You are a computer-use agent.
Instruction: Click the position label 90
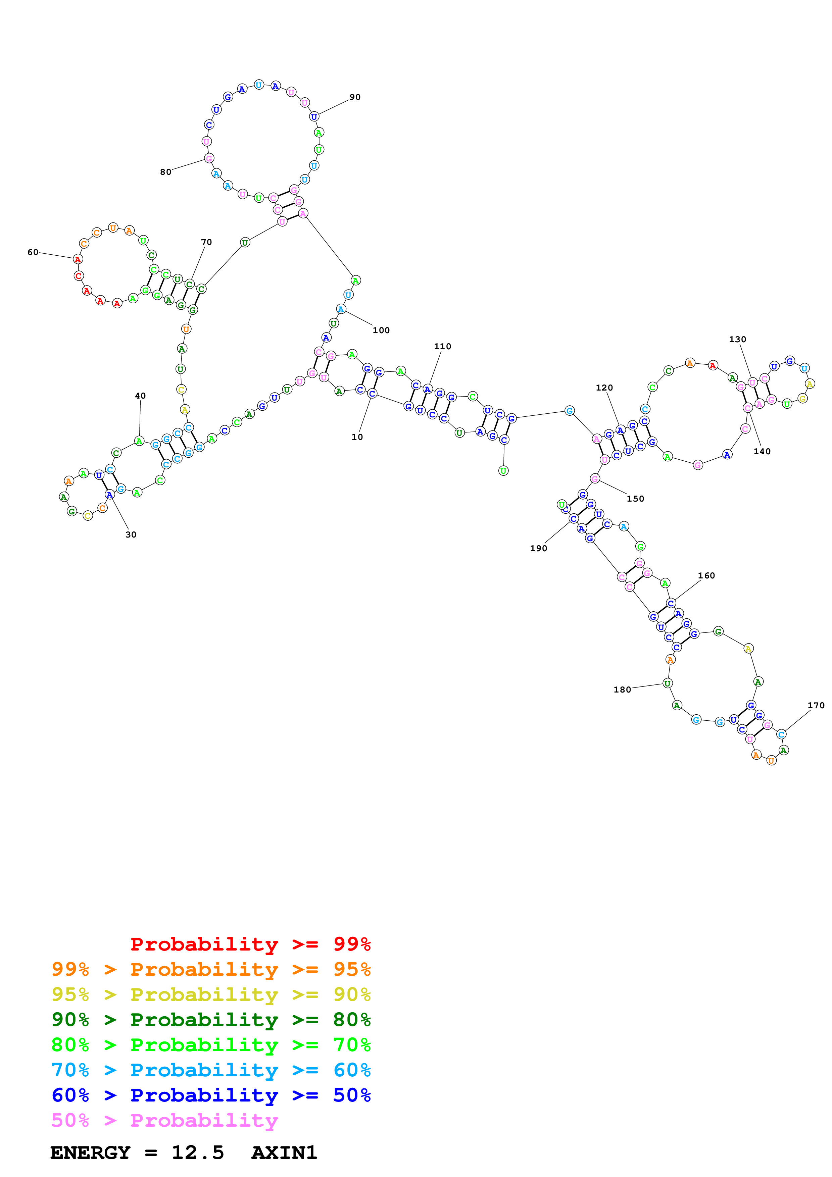pos(355,97)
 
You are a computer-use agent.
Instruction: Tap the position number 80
pos(165,172)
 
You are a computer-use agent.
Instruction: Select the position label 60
pos(33,252)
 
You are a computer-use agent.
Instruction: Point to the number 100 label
pos(381,330)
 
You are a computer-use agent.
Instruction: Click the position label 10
pos(357,437)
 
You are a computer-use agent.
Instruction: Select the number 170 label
pos(816,705)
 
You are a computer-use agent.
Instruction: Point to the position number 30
pos(131,535)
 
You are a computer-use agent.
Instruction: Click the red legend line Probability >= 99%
pos(250,944)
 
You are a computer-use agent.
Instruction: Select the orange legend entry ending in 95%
pos(211,969)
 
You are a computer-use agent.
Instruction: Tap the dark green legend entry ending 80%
pos(211,1020)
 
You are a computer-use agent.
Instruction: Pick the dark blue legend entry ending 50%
pos(211,1095)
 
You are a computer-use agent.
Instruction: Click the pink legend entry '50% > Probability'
pos(164,1121)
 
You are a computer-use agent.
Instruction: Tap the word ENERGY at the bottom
pos(90,1153)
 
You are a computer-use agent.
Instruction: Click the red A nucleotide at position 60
pos(78,259)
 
